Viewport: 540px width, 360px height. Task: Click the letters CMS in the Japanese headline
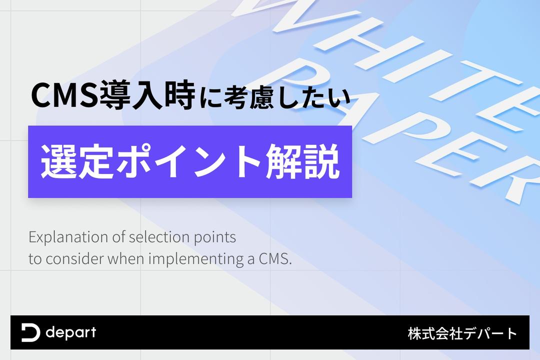click(x=64, y=95)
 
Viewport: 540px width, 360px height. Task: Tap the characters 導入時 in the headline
click(x=147, y=95)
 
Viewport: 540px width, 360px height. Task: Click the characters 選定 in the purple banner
click(x=77, y=161)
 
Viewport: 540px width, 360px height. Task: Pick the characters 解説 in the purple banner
click(x=302, y=161)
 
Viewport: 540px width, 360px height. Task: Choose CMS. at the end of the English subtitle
click(x=275, y=258)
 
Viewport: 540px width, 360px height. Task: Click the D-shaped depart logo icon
click(x=30, y=332)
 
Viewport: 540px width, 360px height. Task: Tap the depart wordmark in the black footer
click(x=71, y=333)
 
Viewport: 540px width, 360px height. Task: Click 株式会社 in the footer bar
click(x=435, y=333)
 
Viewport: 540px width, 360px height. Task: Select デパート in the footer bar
click(x=490, y=333)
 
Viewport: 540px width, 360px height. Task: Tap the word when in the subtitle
click(x=125, y=258)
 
